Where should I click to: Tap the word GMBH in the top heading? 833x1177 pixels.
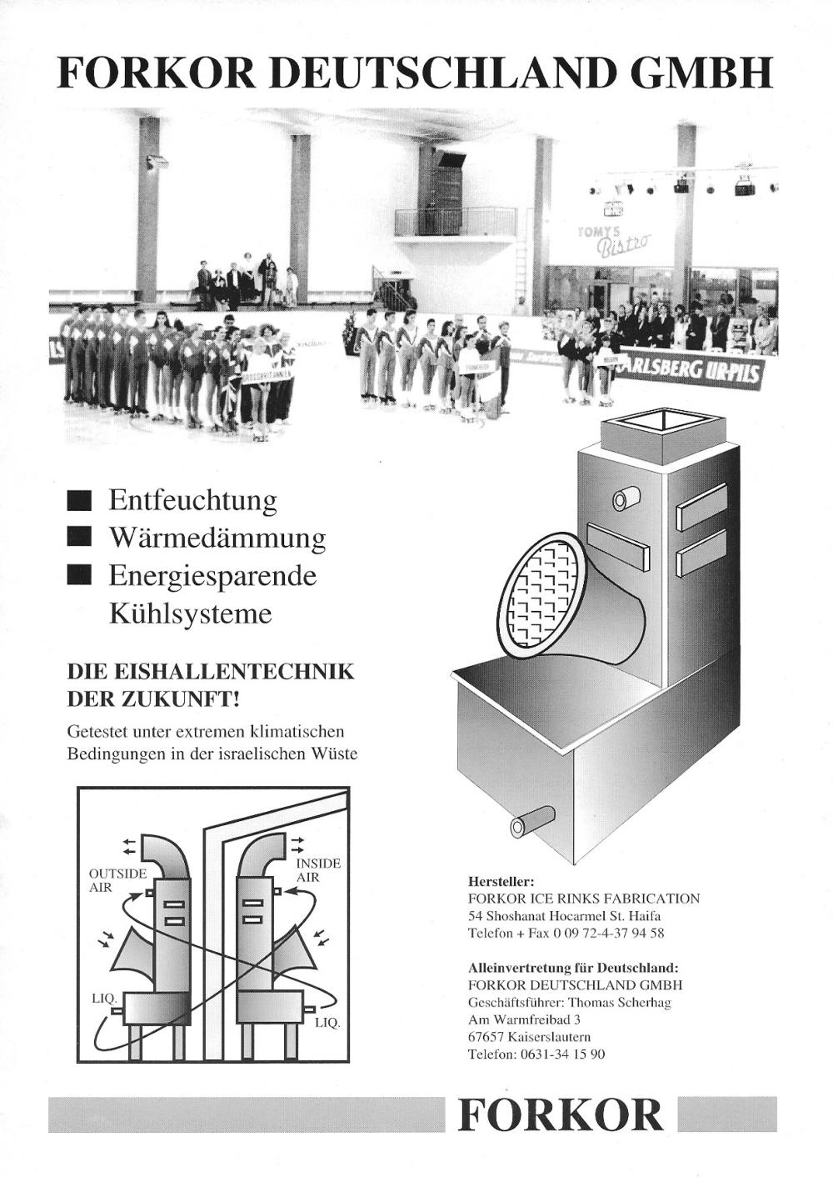point(701,73)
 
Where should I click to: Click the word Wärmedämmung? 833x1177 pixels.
point(217,538)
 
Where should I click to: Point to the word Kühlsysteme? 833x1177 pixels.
point(191,614)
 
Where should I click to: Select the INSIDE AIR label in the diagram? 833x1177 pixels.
point(317,869)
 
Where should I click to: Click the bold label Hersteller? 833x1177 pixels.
point(501,880)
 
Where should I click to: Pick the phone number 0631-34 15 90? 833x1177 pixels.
point(563,1054)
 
